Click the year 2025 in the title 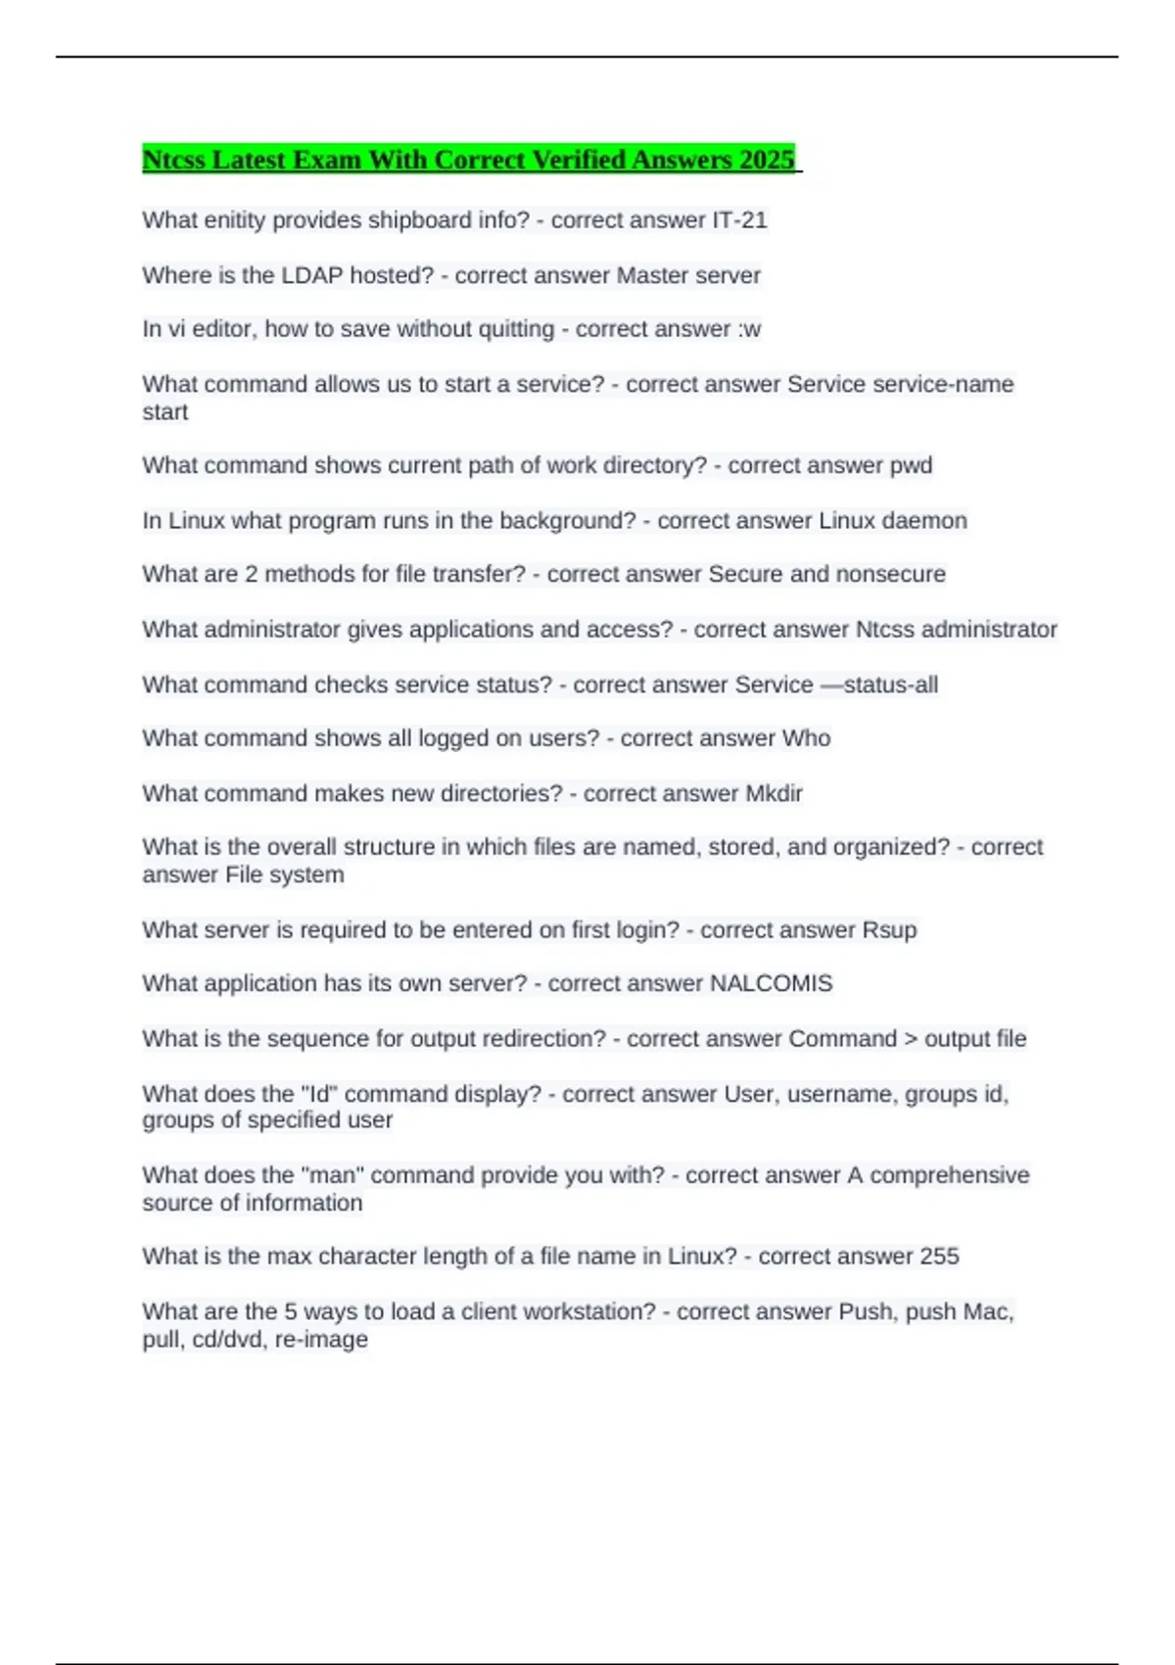point(768,160)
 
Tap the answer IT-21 point(739,220)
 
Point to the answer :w point(749,329)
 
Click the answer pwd point(911,465)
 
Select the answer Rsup point(889,929)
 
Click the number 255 point(939,1256)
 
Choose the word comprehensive point(950,1174)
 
